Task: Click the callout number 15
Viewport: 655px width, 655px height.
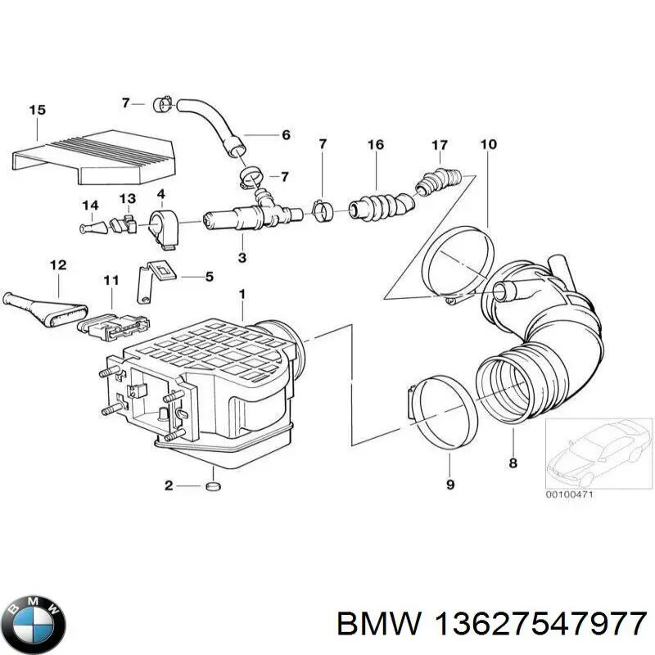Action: click(x=37, y=110)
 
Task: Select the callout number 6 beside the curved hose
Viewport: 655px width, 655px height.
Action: click(x=285, y=135)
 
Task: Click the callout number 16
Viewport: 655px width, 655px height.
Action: click(x=375, y=145)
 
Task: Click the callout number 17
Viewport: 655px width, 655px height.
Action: click(x=440, y=145)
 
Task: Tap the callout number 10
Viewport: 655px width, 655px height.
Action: click(x=488, y=145)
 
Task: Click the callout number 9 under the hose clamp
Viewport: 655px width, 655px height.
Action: click(x=449, y=485)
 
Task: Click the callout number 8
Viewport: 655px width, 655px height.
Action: click(x=513, y=463)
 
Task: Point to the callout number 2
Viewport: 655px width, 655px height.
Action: click(x=169, y=486)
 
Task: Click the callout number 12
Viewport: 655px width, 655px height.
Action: click(x=58, y=264)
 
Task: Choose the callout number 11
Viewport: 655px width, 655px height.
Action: click(x=111, y=280)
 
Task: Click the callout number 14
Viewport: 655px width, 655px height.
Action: click(x=89, y=205)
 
